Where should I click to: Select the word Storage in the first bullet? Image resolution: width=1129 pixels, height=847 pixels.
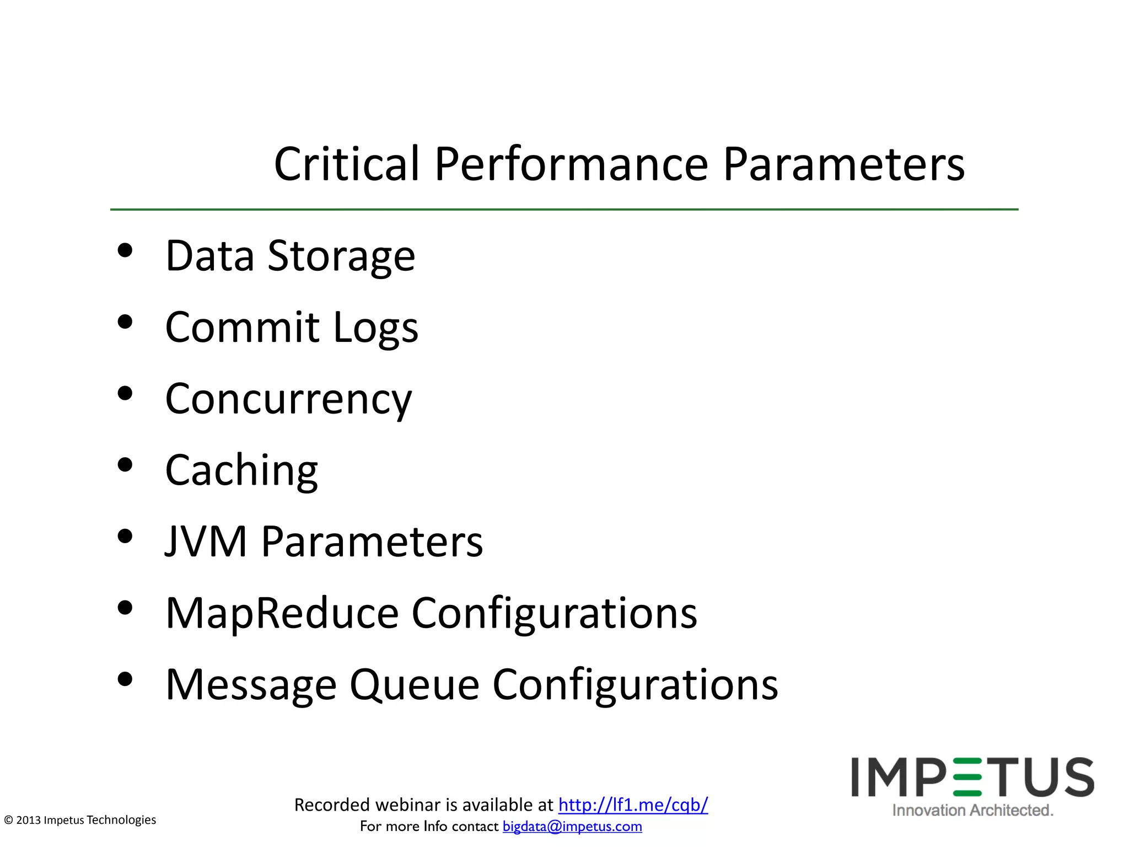tap(341, 256)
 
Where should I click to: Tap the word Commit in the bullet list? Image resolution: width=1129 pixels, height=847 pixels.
tap(242, 327)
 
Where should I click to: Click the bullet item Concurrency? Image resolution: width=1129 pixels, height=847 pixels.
tap(288, 399)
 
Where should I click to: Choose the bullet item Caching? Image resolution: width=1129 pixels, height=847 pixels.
tap(241, 470)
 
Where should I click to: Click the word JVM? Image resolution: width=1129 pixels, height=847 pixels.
tap(206, 542)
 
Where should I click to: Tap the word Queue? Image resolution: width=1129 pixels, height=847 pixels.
tap(414, 685)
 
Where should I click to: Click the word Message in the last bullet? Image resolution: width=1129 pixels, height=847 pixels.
tap(251, 685)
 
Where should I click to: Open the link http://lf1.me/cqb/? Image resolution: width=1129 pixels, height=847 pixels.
tap(633, 805)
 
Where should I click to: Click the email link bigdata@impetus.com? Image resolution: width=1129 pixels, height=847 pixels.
tap(572, 826)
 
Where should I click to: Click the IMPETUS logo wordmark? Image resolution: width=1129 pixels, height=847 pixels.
tap(972, 778)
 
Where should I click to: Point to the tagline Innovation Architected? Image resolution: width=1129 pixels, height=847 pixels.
tap(972, 810)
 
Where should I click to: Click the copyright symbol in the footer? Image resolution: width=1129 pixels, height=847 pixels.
tap(8, 820)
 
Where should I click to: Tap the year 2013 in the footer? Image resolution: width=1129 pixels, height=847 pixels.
tap(29, 820)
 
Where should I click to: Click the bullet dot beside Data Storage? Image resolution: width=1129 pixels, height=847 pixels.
tap(125, 251)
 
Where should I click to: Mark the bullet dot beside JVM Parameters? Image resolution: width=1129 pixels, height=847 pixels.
tap(125, 537)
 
